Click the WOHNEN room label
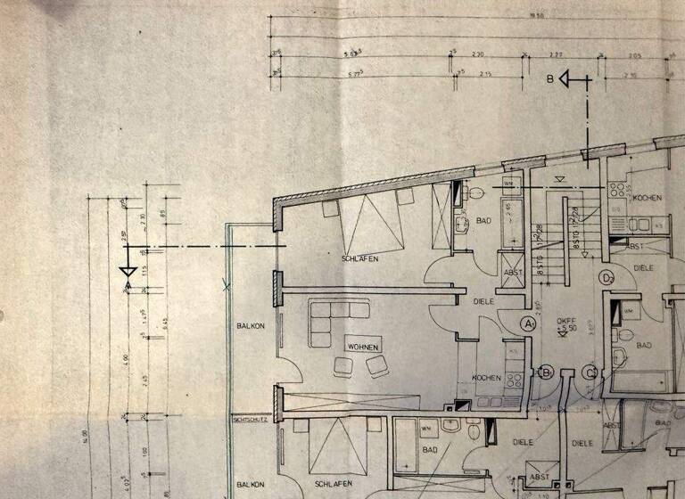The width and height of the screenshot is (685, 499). click(x=364, y=347)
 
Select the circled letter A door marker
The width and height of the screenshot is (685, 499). click(x=529, y=323)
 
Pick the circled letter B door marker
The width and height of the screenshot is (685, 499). click(x=548, y=372)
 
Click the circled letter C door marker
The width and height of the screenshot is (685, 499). click(x=590, y=372)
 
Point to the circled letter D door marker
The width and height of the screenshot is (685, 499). click(x=607, y=277)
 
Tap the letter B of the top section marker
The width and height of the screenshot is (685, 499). click(x=563, y=80)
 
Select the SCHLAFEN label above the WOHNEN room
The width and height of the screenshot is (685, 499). click(x=359, y=258)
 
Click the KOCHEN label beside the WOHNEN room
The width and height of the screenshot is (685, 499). click(x=486, y=378)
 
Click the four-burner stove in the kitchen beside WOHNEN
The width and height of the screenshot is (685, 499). click(x=513, y=380)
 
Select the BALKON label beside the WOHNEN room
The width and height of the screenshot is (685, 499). click(x=251, y=326)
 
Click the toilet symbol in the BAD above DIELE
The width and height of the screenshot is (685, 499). click(x=475, y=192)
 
